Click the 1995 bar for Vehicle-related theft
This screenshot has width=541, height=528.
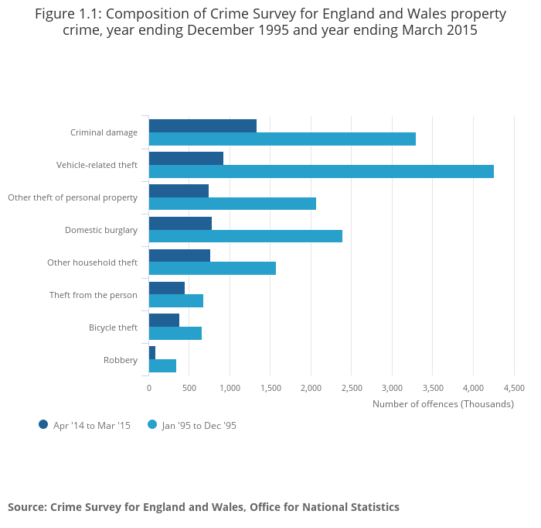coord(321,172)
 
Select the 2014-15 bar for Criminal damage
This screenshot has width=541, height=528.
coord(202,125)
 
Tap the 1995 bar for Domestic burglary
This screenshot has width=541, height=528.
coord(245,236)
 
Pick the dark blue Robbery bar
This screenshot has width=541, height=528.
coord(152,352)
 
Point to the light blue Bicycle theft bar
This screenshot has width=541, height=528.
coord(175,333)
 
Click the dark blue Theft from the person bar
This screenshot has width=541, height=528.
coord(166,288)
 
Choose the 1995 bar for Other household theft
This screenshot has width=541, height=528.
coord(212,269)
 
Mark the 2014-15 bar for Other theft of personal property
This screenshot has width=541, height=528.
coord(179,190)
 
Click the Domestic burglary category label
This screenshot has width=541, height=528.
coord(100,230)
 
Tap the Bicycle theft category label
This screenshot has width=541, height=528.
coord(113,327)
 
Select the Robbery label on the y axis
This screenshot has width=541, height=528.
coord(121,360)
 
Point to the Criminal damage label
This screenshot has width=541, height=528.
coord(104,132)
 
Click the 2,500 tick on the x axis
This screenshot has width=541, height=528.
coord(351,388)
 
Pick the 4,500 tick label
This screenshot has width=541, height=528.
coord(513,388)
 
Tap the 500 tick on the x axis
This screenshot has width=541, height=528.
coord(189,388)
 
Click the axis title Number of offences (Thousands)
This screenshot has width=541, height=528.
coord(443,404)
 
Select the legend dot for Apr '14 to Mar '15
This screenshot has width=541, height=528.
coord(43,424)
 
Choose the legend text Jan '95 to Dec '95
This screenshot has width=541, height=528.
coord(199,425)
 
